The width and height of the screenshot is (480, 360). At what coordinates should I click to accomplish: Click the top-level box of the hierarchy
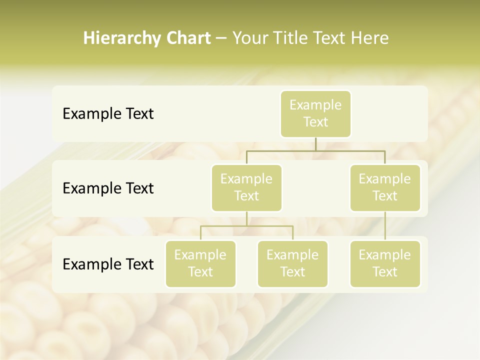315,113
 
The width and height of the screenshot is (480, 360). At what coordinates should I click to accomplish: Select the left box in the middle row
246,187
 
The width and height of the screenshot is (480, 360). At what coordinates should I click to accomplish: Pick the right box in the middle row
385,187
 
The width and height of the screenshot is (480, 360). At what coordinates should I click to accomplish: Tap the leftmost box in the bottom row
200,263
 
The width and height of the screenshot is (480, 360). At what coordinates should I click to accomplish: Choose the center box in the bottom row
292,263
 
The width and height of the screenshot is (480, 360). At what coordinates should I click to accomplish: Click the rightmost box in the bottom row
385,263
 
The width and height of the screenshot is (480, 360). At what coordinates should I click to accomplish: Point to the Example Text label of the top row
108,113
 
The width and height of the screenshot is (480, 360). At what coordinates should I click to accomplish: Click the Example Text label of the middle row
108,188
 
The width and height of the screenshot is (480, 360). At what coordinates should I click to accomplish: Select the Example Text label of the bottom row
108,264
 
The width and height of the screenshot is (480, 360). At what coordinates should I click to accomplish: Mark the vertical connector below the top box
315,144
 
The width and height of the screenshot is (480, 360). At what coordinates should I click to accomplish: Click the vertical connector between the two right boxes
385,226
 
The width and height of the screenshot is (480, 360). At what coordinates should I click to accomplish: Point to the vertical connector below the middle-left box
246,218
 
